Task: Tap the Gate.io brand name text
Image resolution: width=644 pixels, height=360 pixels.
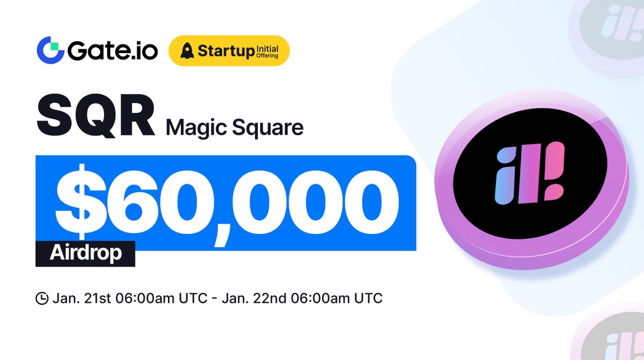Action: point(112,52)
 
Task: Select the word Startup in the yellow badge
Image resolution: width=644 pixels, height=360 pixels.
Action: point(223,52)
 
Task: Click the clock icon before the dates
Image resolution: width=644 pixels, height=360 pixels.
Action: point(42,299)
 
